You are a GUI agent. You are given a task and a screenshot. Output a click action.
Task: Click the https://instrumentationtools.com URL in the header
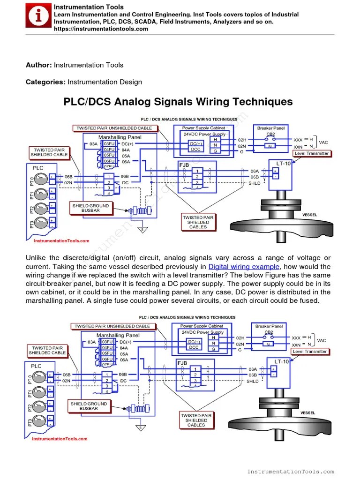pyautogui.click(x=101, y=29)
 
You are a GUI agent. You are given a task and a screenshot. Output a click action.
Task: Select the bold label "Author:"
pyautogui.click(x=39, y=65)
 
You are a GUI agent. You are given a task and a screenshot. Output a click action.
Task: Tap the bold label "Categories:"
pyautogui.click(x=45, y=82)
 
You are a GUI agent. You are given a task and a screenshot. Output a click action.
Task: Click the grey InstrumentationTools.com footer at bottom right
pyautogui.click(x=290, y=472)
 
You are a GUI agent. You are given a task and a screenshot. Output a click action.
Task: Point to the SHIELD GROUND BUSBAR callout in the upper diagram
pyautogui.click(x=90, y=208)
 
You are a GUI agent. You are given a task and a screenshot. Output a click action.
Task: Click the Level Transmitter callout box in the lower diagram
pyautogui.click(x=310, y=351)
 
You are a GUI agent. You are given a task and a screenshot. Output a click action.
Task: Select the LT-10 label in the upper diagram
pyautogui.click(x=284, y=164)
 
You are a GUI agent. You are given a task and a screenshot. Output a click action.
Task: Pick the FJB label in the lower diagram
pyautogui.click(x=182, y=363)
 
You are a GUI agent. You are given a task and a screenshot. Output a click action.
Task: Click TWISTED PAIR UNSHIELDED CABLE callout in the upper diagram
pyautogui.click(x=114, y=128)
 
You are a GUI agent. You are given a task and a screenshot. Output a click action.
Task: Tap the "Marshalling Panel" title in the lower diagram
pyautogui.click(x=118, y=335)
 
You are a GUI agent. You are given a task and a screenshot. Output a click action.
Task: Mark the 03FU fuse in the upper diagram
pyautogui.click(x=109, y=143)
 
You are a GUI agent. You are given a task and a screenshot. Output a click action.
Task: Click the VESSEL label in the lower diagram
pyautogui.click(x=307, y=412)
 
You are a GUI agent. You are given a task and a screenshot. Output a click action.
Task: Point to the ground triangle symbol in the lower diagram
pyautogui.click(x=139, y=427)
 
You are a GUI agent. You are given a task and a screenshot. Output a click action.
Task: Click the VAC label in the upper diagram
pyautogui.click(x=323, y=142)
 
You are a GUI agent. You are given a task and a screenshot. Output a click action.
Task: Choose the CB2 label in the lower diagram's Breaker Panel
pyautogui.click(x=269, y=332)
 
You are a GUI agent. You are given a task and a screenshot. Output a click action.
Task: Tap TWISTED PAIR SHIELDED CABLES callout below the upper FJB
pyautogui.click(x=198, y=222)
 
